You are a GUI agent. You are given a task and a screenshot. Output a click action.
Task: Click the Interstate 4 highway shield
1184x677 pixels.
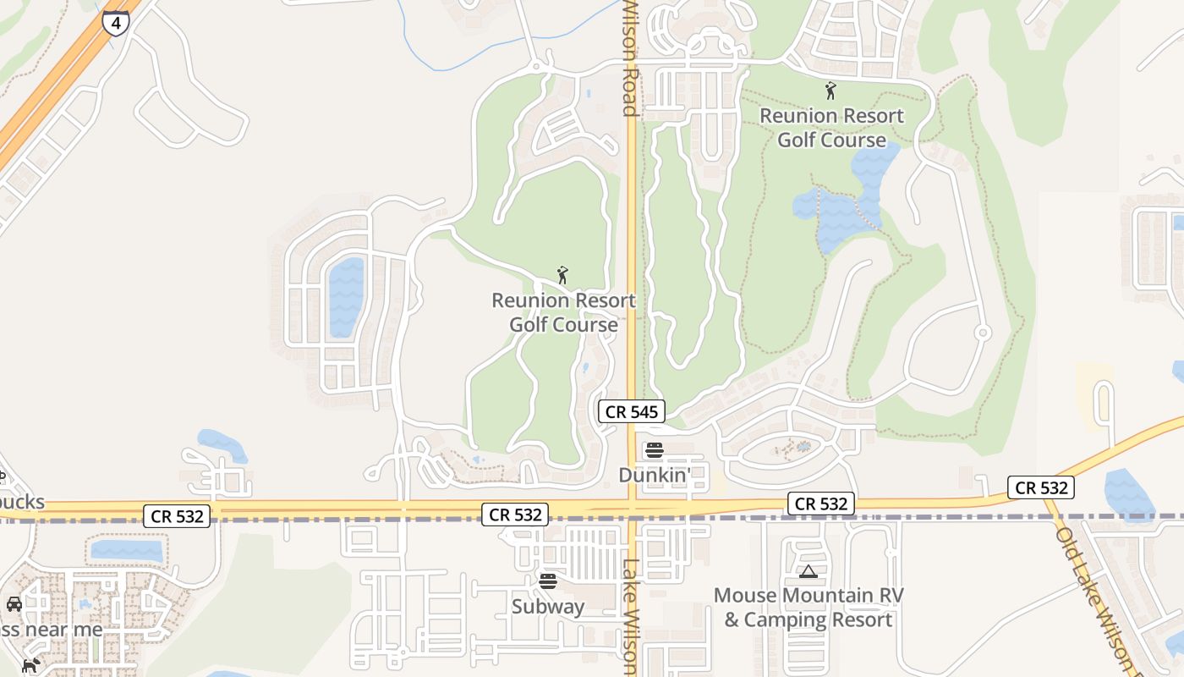coord(116,23)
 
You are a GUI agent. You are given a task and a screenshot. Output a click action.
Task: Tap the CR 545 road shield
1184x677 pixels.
coord(632,412)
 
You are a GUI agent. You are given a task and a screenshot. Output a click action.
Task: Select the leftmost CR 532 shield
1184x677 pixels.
coord(176,515)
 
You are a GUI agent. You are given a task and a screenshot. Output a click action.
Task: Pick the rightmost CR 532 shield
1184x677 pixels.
coord(1041,487)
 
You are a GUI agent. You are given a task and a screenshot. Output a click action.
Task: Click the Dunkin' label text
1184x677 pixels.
coord(654,475)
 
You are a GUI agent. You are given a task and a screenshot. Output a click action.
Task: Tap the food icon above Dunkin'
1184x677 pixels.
coord(654,449)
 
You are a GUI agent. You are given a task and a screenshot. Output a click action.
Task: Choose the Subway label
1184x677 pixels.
coord(548,606)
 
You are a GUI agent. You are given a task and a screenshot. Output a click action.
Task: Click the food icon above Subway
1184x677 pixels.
coord(548,581)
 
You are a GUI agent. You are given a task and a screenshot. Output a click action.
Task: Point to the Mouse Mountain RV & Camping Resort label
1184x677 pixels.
coord(809,608)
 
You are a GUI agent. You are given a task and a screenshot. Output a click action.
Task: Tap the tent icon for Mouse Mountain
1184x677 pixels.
coord(809,572)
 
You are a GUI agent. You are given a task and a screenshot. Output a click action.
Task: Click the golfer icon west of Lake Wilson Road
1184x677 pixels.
coord(562,275)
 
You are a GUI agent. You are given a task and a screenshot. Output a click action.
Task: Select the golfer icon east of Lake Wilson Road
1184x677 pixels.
coord(830,90)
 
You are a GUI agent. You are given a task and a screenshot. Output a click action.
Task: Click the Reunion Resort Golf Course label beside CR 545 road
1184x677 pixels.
coord(564,312)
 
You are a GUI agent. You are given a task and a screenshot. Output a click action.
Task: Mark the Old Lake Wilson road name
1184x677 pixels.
coord(1097,601)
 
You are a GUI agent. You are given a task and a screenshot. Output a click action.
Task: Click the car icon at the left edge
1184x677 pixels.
coord(14,603)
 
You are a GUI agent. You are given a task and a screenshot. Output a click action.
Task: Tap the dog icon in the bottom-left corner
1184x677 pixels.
coord(30,665)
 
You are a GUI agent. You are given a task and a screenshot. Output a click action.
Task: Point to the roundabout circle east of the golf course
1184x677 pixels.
coord(983,333)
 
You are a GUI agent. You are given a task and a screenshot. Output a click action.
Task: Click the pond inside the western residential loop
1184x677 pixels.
coord(346,296)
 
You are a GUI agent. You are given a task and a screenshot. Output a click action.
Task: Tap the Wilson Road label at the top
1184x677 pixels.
coord(629,58)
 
